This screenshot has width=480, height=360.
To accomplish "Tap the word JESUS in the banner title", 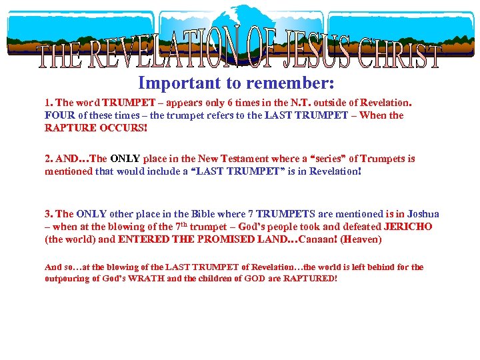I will [319, 52].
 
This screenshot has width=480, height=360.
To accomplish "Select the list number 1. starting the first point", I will [49, 103].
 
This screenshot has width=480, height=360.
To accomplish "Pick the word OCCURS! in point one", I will [122, 127].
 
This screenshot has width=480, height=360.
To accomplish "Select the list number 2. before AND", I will [49, 159].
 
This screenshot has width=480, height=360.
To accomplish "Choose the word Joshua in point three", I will [422, 214].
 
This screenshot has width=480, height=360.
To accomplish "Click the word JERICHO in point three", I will [408, 227].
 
